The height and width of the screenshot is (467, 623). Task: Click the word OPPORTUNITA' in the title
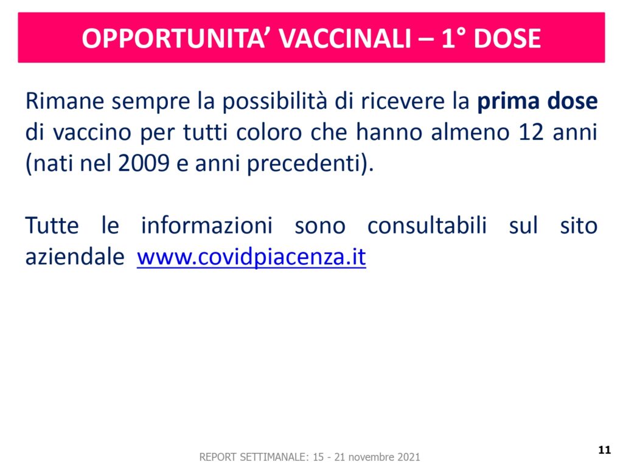[173, 38]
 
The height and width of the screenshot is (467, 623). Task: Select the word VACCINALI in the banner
[346, 38]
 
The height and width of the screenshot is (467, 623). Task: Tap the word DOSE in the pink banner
[507, 38]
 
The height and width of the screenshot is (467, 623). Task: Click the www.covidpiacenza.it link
[251, 257]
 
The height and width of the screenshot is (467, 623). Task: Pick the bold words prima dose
[537, 102]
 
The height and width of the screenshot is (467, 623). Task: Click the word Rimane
[64, 102]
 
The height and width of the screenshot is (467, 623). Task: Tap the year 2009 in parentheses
[144, 163]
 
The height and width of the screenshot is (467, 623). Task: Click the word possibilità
[274, 102]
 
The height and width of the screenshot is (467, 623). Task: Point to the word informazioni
[207, 226]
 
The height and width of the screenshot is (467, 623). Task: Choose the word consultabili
[426, 226]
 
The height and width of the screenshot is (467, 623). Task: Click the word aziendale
[75, 257]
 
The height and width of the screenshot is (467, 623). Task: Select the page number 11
[604, 449]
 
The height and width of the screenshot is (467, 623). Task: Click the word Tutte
[52, 226]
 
